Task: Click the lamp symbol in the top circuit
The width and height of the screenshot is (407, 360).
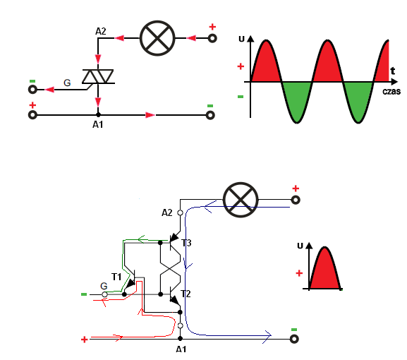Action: click(x=157, y=38)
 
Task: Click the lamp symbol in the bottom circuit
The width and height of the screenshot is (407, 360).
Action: click(x=241, y=200)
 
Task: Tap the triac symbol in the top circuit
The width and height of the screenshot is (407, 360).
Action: click(x=98, y=76)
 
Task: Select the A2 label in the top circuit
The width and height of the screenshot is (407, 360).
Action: click(x=101, y=32)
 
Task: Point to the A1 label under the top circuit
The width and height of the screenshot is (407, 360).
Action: click(x=98, y=125)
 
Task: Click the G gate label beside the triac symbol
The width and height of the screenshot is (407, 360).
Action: click(x=67, y=83)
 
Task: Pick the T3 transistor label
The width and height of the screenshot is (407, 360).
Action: click(x=186, y=243)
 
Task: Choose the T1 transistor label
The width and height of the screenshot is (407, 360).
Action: click(x=116, y=277)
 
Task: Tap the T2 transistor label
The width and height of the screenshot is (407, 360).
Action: click(x=186, y=294)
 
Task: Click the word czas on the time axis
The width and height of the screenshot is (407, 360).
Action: click(x=391, y=92)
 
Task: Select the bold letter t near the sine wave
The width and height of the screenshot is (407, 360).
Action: click(x=393, y=71)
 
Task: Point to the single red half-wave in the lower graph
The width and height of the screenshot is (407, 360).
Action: click(x=325, y=270)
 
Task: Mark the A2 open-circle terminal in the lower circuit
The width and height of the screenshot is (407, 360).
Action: click(x=180, y=212)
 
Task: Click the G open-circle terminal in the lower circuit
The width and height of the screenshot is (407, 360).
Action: click(x=104, y=294)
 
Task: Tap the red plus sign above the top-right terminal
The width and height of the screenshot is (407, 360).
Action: click(x=212, y=27)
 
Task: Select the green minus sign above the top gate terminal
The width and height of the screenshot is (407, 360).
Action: click(x=32, y=81)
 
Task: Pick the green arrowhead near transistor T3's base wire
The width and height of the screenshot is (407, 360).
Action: click(x=141, y=239)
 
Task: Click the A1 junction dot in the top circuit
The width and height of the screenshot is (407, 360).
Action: click(x=98, y=115)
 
